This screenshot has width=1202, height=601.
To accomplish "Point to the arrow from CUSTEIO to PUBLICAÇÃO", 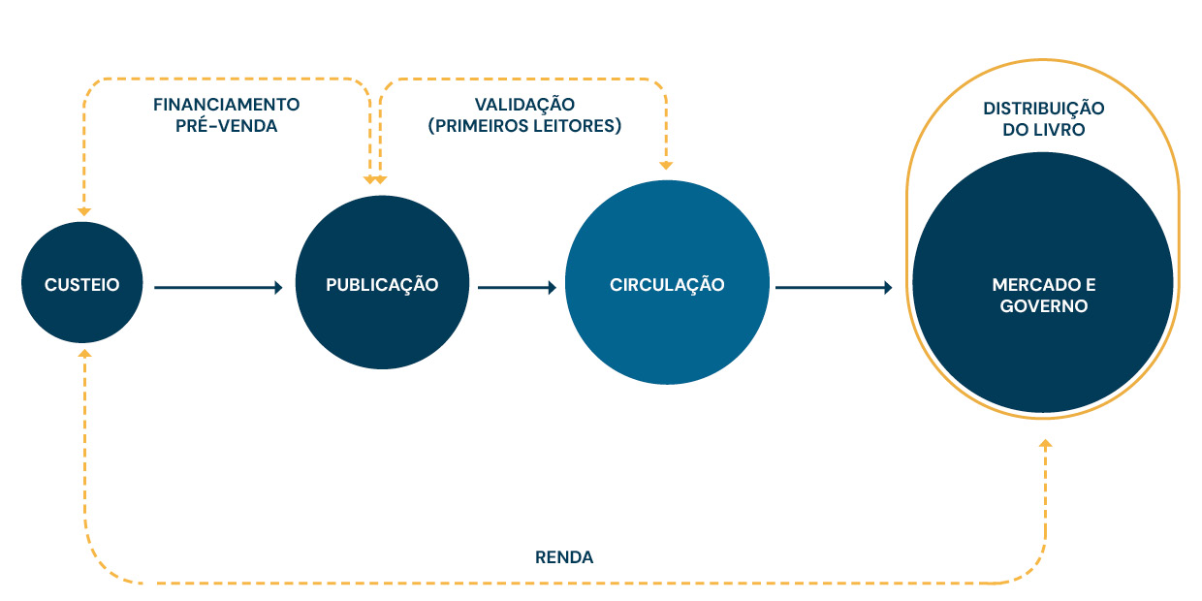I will point(218,287).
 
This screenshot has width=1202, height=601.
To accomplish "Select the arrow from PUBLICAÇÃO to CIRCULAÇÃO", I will point(518,287).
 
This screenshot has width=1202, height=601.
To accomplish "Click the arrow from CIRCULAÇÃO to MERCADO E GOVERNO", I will point(834,287).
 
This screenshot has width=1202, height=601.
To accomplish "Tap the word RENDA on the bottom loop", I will point(564,557).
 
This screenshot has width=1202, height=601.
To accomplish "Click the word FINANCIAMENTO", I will point(227,104).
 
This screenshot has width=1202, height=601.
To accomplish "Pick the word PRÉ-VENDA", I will point(227,126).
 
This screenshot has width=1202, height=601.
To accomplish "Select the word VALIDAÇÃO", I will point(524,104).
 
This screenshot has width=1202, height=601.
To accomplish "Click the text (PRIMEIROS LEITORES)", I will point(524,126).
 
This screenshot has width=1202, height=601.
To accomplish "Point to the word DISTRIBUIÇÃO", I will point(1043,109).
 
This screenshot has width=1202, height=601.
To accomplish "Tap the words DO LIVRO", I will point(1043,130).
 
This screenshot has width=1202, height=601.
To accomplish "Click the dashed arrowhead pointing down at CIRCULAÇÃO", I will point(666,164).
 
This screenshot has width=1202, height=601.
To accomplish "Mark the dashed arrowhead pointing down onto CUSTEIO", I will point(83,210).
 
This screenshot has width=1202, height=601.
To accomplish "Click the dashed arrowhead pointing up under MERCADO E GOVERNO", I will point(1044,443).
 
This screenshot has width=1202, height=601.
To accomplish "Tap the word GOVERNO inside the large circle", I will point(1043,306).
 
